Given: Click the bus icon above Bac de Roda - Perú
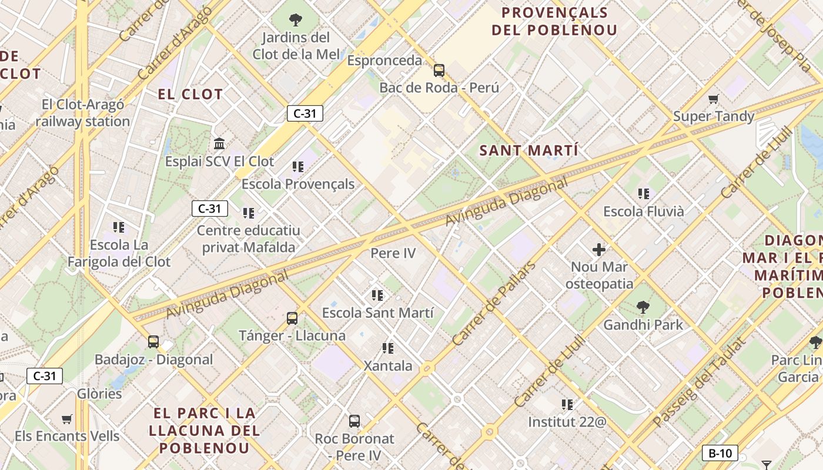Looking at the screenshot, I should (x=439, y=70).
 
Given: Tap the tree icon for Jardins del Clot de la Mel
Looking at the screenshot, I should (x=296, y=21).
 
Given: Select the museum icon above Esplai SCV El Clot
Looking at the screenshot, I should (x=220, y=143).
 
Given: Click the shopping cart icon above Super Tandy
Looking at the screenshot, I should (x=714, y=99).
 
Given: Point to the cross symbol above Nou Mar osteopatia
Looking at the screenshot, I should (x=599, y=250).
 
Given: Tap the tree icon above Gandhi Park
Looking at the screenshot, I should (x=643, y=307).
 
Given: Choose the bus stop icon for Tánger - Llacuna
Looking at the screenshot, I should (x=292, y=318).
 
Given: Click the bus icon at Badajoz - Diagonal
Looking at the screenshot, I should (x=153, y=341).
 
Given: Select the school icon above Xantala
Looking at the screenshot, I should (x=388, y=348).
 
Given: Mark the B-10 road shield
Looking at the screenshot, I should (x=720, y=453).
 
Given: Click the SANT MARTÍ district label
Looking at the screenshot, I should (x=529, y=150).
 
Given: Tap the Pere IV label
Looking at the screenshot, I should (x=393, y=253).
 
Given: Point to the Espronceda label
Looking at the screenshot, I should (x=385, y=61).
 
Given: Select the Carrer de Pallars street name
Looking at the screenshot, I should (x=494, y=303).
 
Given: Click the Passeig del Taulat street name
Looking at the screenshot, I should (x=699, y=382).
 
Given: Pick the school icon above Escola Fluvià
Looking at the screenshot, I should (x=644, y=193).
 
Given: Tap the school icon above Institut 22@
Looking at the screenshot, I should (x=567, y=404).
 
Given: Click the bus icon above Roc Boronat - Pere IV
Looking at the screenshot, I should (x=354, y=421).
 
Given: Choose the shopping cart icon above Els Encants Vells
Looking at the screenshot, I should (x=67, y=419).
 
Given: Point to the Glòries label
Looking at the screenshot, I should (x=99, y=394).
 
